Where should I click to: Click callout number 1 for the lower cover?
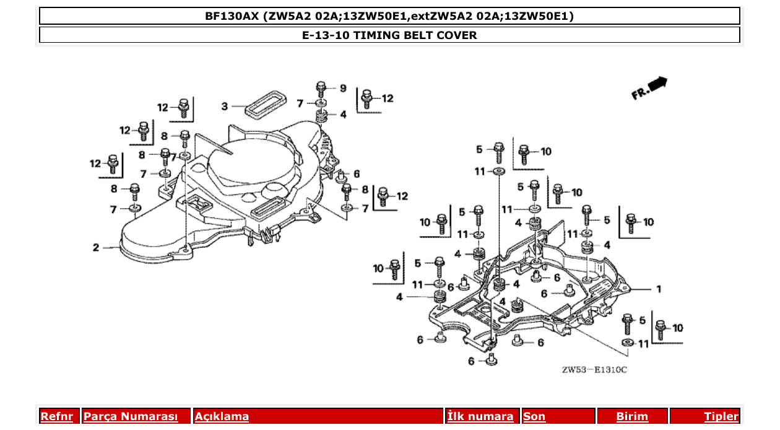tap(659, 289)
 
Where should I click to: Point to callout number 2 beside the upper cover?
tap(96, 248)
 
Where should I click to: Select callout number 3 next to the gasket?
tap(225, 107)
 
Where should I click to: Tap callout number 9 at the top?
tap(343, 88)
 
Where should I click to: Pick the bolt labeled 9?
tap(321, 87)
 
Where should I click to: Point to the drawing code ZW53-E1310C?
tap(594, 370)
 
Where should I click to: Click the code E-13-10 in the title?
tap(326, 35)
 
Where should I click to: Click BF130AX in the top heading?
tap(232, 16)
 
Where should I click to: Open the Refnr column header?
tap(56, 416)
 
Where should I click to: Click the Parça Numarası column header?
tap(131, 416)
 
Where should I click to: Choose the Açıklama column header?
tap(222, 416)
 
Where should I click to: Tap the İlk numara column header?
tap(480, 416)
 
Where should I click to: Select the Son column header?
tap(534, 416)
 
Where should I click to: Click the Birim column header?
tap(632, 416)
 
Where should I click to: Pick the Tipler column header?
tap(721, 416)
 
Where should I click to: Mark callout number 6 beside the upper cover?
tap(357, 174)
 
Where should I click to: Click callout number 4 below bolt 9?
tap(343, 115)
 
